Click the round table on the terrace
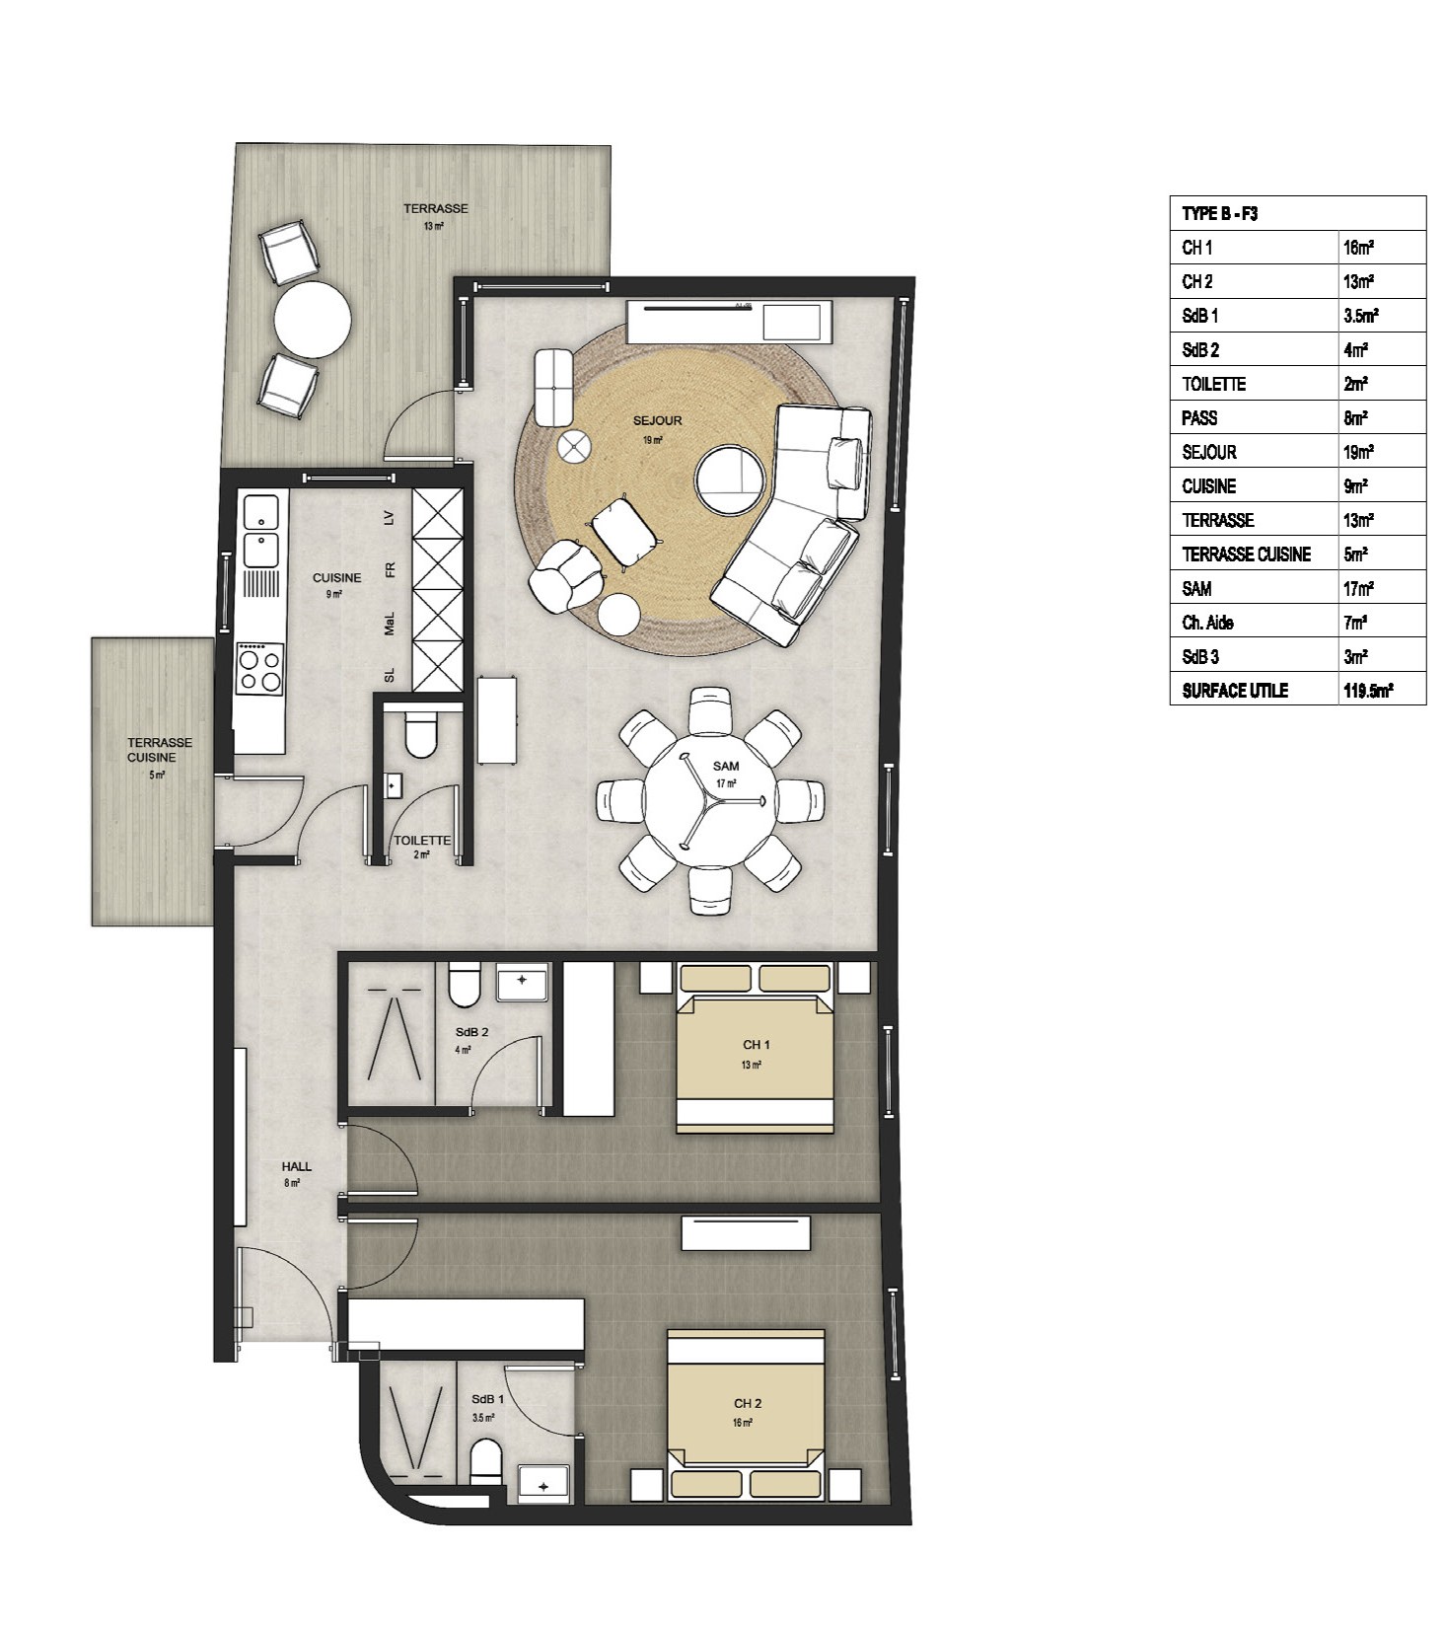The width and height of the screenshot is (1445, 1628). [x=312, y=320]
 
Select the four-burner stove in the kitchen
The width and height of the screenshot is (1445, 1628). [x=260, y=668]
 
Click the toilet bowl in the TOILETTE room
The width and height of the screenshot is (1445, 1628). [x=421, y=736]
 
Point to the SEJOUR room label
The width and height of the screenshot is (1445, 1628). [x=657, y=421]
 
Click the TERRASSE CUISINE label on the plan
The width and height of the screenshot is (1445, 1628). [x=158, y=750]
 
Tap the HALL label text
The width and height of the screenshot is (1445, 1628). [x=296, y=1166]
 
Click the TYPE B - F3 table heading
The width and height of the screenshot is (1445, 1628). [x=1219, y=213]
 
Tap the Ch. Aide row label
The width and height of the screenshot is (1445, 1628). [x=1207, y=623]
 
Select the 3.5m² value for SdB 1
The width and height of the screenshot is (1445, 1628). [x=1360, y=316]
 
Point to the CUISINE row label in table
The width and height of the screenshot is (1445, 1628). [x=1208, y=486]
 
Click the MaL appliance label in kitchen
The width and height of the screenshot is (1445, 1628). [x=390, y=624]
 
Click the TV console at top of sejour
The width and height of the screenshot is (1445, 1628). [x=731, y=321]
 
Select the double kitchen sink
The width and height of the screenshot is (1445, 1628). [x=261, y=533]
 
